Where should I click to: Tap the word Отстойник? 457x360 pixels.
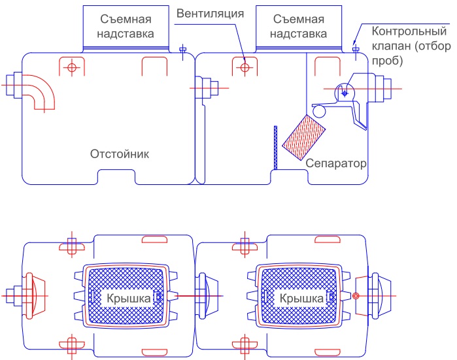point(120,154)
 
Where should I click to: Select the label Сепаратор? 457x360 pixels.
point(335,162)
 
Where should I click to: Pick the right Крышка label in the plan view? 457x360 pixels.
point(301,298)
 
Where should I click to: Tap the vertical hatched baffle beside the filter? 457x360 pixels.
point(276,147)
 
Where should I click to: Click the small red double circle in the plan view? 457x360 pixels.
point(356,297)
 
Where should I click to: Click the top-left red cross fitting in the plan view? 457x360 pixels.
point(71,247)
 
